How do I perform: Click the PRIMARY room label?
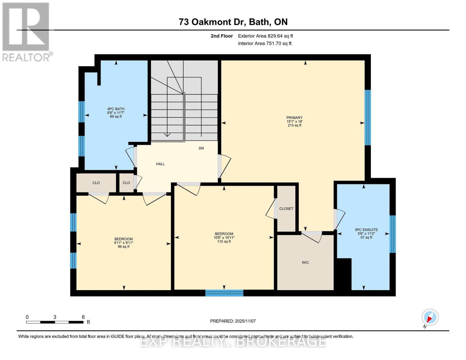pos(294,118)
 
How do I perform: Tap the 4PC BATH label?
pos(116,109)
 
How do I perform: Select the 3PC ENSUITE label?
pos(366,230)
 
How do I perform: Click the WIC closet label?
pos(305,262)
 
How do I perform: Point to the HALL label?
pos(160,164)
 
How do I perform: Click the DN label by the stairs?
pos(201,148)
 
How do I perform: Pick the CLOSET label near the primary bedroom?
pos(286,209)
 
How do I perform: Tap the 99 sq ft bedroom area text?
pos(123,247)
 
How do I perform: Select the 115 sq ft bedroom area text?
pos(224,241)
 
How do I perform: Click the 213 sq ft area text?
pos(294,125)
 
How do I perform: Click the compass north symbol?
pos(430,317)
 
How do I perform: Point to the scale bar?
pos(55,322)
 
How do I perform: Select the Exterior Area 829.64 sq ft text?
pos(265,36)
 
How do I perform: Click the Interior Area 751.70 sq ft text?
pos(265,43)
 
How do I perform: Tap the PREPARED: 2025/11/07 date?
pos(233,321)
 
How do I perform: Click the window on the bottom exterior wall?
pos(224,293)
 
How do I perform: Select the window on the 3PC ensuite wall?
pos(392,234)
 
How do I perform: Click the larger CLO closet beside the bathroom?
pos(96,183)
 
